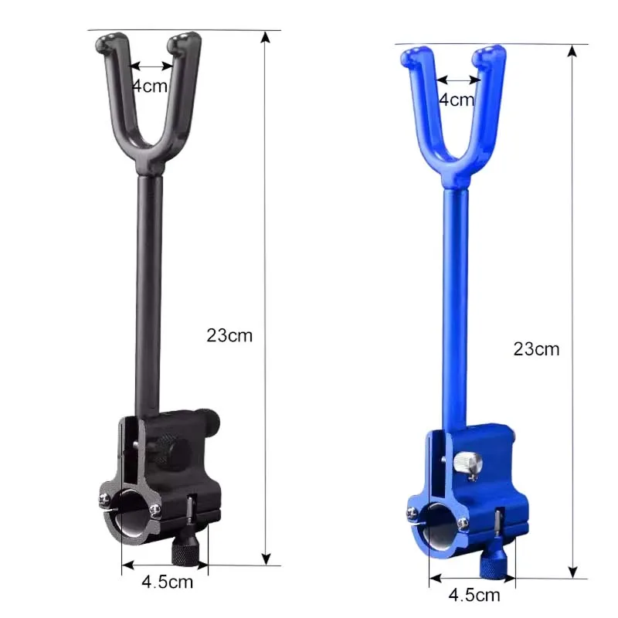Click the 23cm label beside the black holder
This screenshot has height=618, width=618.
[x=229, y=335]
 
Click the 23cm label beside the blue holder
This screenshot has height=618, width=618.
[x=536, y=348]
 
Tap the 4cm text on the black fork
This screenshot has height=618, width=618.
[x=149, y=86]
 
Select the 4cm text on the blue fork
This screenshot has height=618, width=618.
[x=457, y=99]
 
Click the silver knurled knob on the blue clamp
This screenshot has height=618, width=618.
[x=468, y=461]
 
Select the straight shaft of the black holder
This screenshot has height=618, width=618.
[x=150, y=294]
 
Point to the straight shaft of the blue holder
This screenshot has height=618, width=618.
[x=457, y=309]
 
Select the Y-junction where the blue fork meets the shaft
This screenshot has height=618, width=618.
[x=457, y=176]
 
